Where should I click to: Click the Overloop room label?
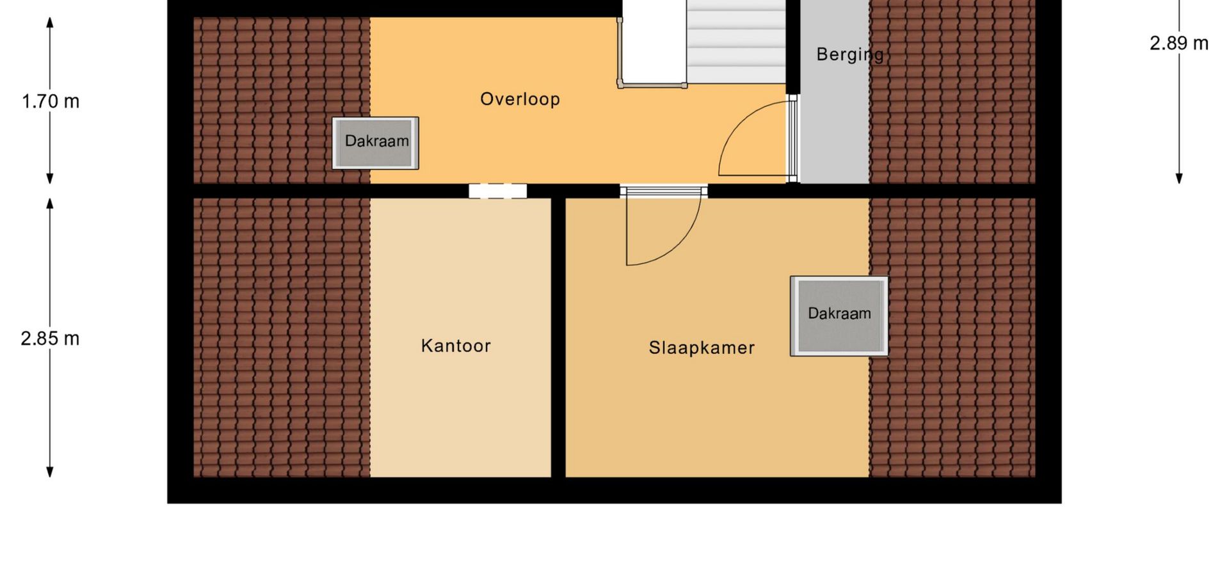[520, 99]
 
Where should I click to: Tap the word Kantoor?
[456, 346]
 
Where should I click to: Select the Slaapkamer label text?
[702, 348]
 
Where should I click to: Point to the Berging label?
[850, 55]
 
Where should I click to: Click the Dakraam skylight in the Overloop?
[376, 143]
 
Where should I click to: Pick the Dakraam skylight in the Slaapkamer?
[839, 316]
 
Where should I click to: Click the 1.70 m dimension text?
[51, 101]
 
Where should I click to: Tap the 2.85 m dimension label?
[50, 338]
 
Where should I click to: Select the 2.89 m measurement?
[1179, 43]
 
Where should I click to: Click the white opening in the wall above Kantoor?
[497, 191]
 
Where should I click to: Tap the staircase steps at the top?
[736, 41]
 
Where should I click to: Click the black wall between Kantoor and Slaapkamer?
[558, 337]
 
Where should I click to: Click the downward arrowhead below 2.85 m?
[50, 472]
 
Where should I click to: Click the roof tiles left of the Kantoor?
[282, 337]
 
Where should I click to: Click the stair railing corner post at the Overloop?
[620, 83]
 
